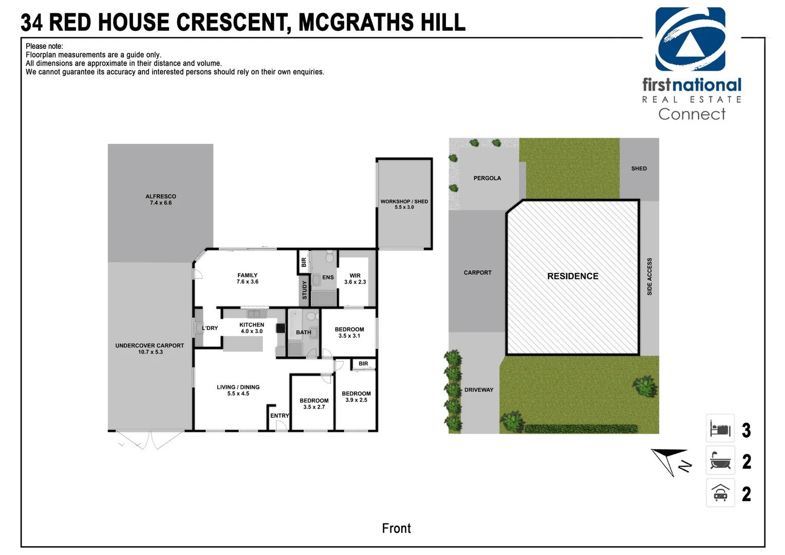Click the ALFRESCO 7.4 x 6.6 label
(160, 199)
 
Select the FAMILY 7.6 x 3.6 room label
(247, 279)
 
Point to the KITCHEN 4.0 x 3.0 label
(252, 328)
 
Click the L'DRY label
(210, 328)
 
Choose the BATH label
(303, 332)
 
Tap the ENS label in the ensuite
(328, 277)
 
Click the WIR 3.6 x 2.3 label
(355, 279)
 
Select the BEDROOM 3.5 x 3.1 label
(349, 332)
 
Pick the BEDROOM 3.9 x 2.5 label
(356, 397)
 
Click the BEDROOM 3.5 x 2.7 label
(314, 403)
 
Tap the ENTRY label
(279, 416)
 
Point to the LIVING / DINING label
(238, 390)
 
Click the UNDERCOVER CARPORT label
(149, 348)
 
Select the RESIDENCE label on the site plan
(572, 276)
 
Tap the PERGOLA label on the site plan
(487, 178)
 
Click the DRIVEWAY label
(478, 390)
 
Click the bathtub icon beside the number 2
(720, 461)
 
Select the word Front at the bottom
(396, 528)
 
